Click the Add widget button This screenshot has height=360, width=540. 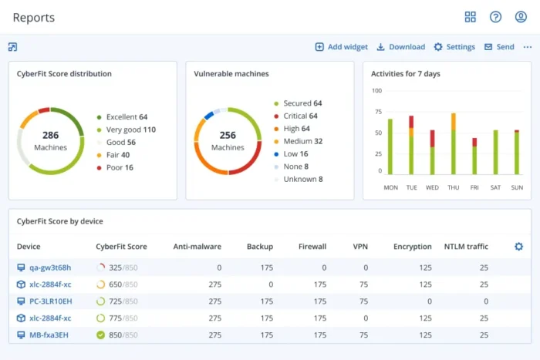pyautogui.click(x=341, y=47)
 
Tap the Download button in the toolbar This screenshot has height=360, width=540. pyautogui.click(x=400, y=47)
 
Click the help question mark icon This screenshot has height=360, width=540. pyautogui.click(x=495, y=17)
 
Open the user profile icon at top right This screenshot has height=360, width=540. pyautogui.click(x=520, y=17)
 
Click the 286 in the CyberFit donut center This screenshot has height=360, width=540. pyautogui.click(x=50, y=135)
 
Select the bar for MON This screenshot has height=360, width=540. pyautogui.click(x=390, y=146)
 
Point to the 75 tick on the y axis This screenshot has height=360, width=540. pyautogui.click(x=377, y=111)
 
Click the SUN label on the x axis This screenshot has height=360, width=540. pyautogui.click(x=517, y=187)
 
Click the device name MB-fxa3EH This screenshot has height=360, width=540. pyautogui.click(x=49, y=335)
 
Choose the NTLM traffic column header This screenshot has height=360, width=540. pyautogui.click(x=466, y=247)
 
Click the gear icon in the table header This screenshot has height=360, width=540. pyautogui.click(x=518, y=247)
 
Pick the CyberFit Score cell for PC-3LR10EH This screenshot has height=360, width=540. pyautogui.click(x=117, y=301)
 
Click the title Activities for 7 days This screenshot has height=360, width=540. pyautogui.click(x=406, y=74)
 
